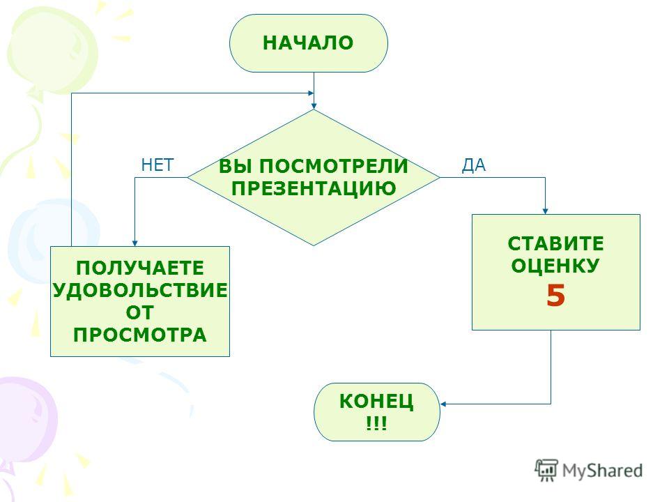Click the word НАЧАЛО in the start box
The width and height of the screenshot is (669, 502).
click(x=308, y=43)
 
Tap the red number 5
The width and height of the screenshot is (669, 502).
click(x=555, y=296)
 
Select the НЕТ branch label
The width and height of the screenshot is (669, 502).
click(x=157, y=165)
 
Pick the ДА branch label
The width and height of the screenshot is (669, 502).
click(x=474, y=165)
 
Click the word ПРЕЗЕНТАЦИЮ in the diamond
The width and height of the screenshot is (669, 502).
click(x=314, y=188)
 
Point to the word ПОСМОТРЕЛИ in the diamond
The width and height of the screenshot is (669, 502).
click(x=334, y=166)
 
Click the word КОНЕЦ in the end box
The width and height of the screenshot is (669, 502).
click(x=376, y=402)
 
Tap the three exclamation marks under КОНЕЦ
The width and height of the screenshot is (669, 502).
click(x=376, y=423)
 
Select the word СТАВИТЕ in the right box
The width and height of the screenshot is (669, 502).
click(x=555, y=244)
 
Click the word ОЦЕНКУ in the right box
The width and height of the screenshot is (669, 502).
click(x=555, y=266)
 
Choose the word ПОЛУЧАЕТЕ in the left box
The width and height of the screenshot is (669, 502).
click(x=140, y=268)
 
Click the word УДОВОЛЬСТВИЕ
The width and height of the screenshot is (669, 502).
click(x=140, y=290)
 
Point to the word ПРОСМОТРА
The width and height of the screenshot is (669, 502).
click(x=140, y=335)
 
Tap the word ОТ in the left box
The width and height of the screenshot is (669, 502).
click(x=140, y=312)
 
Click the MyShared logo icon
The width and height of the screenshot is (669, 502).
click(x=546, y=470)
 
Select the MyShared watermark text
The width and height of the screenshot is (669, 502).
click(x=602, y=471)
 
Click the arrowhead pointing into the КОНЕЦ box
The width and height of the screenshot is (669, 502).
click(x=443, y=404)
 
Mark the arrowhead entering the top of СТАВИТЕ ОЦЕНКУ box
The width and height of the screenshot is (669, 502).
click(x=545, y=211)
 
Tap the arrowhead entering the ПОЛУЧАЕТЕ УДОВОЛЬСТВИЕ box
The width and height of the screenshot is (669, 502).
click(x=134, y=243)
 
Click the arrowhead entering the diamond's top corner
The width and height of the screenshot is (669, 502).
click(x=314, y=106)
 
